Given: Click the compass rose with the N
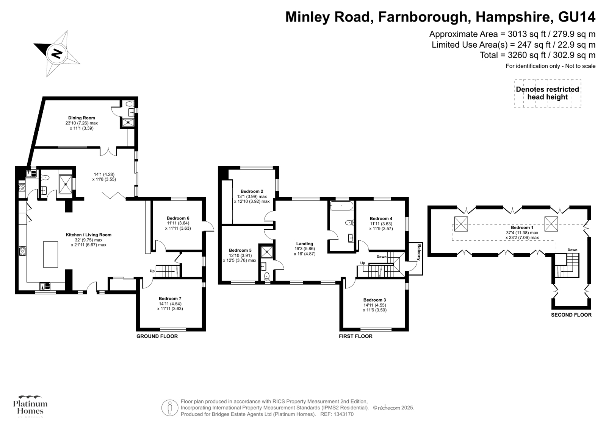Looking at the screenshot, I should [57, 53].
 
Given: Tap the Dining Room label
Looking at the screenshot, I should [81, 118].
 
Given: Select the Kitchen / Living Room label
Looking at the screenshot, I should [89, 235].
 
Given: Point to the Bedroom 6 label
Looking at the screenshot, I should [178, 218].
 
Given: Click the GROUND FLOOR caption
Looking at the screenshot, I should [157, 336].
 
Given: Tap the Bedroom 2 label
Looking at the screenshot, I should [252, 191].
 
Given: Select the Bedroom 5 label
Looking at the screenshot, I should [240, 250].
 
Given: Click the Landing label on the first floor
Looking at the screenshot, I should [304, 244].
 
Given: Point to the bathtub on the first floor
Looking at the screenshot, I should [341, 206].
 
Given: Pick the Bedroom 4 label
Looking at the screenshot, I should [381, 218].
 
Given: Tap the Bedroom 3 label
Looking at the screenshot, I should [374, 300].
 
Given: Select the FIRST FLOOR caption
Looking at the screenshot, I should [355, 336].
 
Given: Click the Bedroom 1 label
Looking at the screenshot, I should [522, 227].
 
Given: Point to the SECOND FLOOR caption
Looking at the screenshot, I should [571, 315].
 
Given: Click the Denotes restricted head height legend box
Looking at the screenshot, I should [547, 93].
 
